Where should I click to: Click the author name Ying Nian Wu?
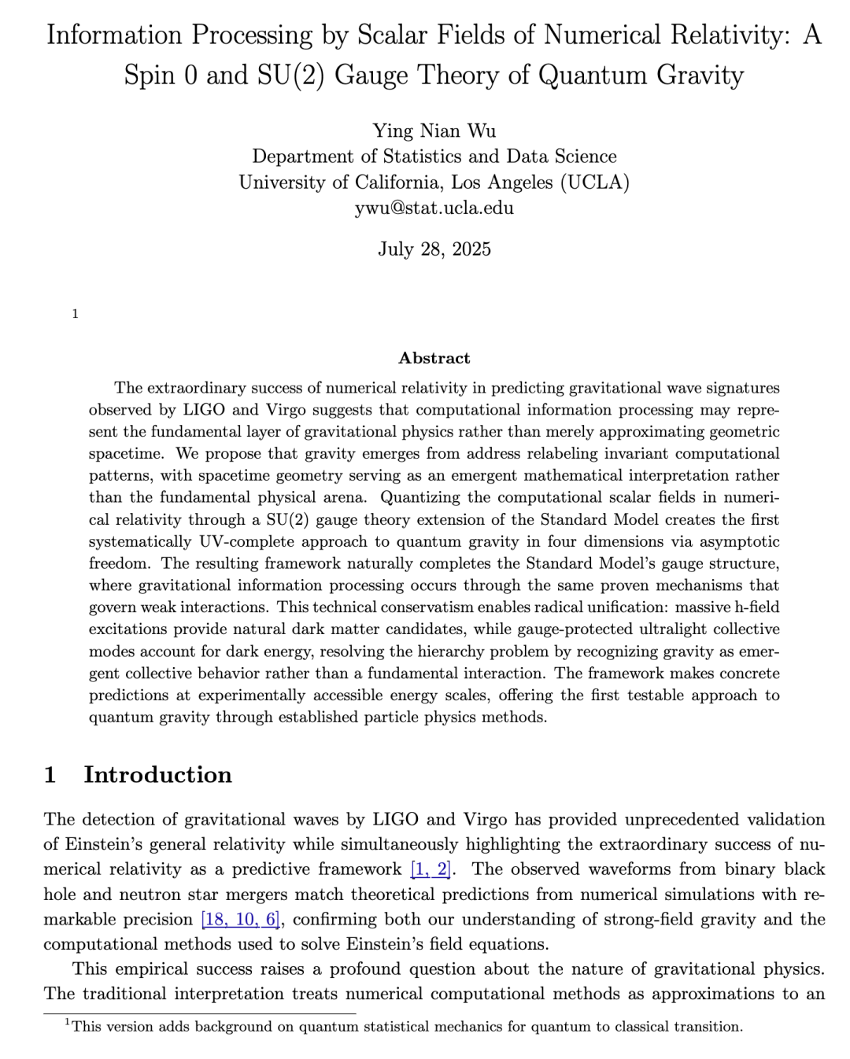[x=434, y=131]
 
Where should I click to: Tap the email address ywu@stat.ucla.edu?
[x=434, y=208]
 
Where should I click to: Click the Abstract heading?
[x=434, y=358]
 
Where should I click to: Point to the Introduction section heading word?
[x=157, y=775]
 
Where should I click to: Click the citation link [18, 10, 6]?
[x=240, y=920]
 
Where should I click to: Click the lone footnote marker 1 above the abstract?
[x=75, y=314]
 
